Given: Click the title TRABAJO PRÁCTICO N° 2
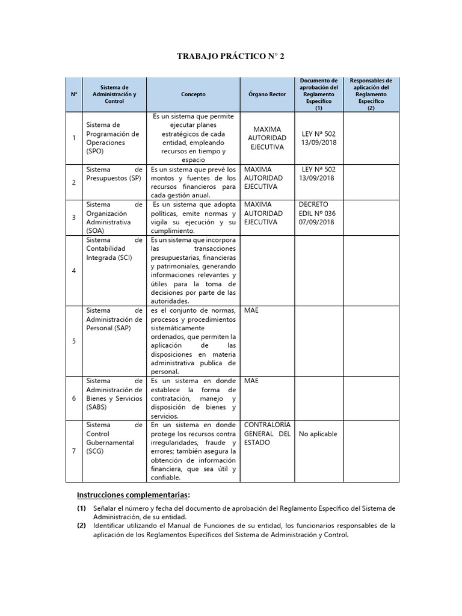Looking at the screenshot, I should [230, 57].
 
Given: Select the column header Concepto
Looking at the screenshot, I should [193, 94].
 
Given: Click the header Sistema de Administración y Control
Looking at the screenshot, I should [114, 94].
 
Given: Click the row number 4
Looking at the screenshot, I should [74, 271].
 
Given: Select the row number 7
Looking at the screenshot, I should [74, 451].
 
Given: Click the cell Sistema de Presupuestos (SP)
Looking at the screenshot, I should [114, 174].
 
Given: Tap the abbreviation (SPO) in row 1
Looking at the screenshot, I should [96, 153].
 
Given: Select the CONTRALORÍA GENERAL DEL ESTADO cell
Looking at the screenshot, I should [267, 434].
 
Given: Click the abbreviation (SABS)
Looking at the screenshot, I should [98, 407].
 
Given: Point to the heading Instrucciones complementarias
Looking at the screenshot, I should [133, 495].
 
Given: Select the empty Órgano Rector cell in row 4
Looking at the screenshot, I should [267, 271].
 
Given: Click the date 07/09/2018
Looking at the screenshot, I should [318, 222].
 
